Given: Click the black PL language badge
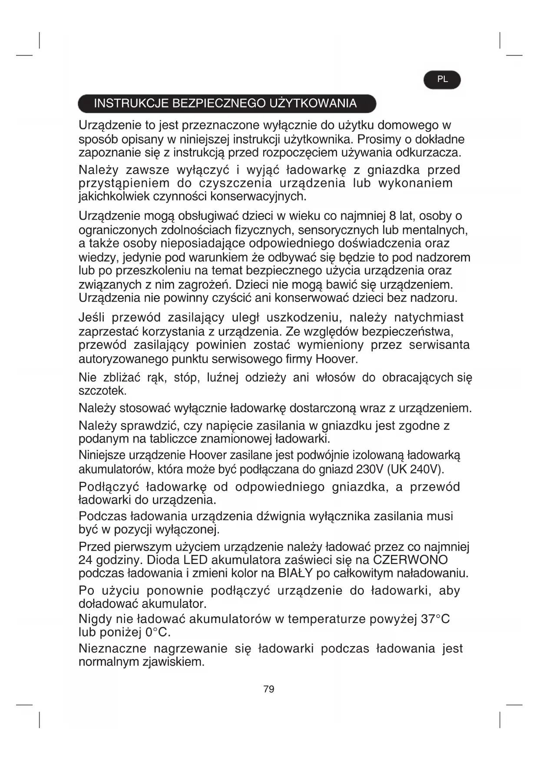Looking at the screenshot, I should tap(442, 80).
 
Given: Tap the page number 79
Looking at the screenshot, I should tap(269, 689).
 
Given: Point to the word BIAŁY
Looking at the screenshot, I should tap(295, 573).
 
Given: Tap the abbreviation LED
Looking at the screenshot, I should tap(196, 560).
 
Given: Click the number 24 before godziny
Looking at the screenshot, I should tap(86, 560).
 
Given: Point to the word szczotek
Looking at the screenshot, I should tap(102, 390).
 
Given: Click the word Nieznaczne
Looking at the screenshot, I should tap(112, 649).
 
